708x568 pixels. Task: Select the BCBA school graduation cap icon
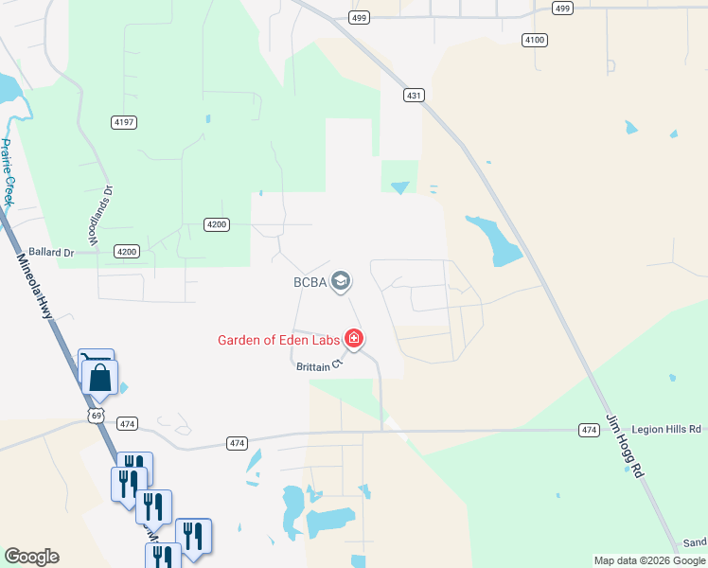coord(342,280)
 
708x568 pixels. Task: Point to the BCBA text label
coord(310,281)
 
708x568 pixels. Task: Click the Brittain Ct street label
coord(316,364)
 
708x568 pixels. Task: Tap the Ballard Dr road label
coord(51,253)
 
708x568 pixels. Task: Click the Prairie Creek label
coord(8,172)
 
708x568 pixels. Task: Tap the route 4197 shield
coord(125,122)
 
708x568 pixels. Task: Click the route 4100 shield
coord(535,40)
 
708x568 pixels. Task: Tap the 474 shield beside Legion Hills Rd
coord(590,431)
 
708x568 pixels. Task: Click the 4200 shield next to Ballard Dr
coord(127,251)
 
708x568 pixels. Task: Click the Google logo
coord(32,557)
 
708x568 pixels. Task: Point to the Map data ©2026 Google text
coord(650,560)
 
